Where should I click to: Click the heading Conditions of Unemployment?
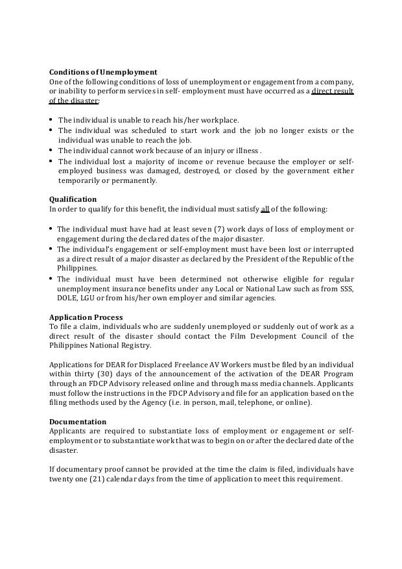[x=103, y=72]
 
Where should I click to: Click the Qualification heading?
[x=73, y=199]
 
